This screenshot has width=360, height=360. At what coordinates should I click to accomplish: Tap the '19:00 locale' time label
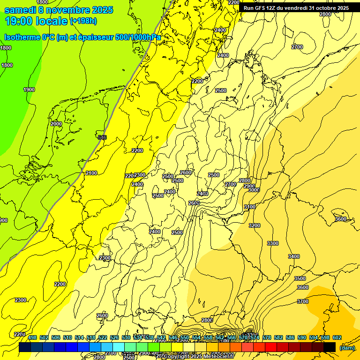pos(36,21)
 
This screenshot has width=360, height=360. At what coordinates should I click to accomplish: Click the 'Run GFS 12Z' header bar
pos(295,8)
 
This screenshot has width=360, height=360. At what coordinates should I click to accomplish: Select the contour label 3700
pos(303,301)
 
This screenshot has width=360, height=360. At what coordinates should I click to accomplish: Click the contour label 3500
pos(300,278)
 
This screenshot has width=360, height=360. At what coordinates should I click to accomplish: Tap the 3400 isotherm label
pos(294,256)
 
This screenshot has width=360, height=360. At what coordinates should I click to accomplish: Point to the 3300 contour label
pos(272,243)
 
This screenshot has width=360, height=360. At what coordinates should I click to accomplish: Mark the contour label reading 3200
pos(254,225)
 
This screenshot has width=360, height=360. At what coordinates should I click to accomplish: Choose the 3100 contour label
pos(250,207)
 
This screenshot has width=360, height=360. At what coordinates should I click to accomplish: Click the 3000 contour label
pos(254,190)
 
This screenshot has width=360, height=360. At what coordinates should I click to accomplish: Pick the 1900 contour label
pos(29,90)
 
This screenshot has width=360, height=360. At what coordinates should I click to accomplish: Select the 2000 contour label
pos(56,124)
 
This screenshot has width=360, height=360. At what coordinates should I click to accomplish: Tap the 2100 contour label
pos(91,173)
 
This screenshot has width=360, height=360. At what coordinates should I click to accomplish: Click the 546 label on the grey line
pos(102,137)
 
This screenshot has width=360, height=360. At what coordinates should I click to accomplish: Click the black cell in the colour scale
pos(330,347)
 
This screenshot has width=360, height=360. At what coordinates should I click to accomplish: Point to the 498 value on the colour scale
pos(32,337)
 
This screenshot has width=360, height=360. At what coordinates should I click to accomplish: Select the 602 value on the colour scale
pos(337,337)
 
